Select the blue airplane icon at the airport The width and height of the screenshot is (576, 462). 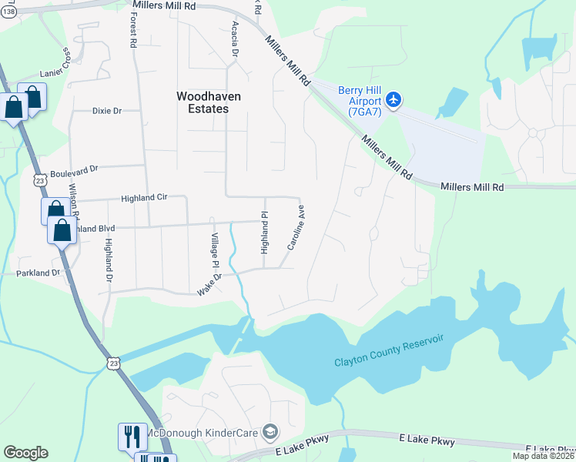(394, 99)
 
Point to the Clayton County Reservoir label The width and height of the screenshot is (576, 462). (390, 359)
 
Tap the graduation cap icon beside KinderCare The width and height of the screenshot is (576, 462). (270, 430)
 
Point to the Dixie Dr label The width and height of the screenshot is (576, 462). (107, 111)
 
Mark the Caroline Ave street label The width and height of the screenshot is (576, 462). (296, 227)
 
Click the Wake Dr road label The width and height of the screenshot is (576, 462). (209, 285)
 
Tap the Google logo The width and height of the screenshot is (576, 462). (25, 452)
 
